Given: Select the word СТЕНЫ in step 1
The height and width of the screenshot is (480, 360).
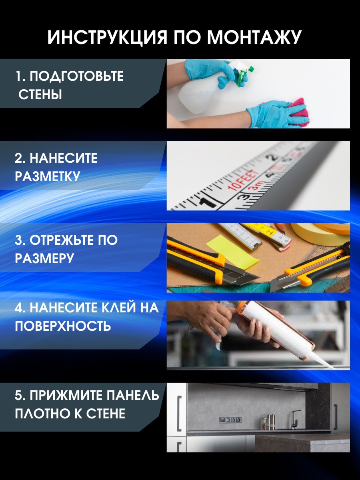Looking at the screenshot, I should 40,95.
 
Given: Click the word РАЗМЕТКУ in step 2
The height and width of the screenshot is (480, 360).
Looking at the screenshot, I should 48,176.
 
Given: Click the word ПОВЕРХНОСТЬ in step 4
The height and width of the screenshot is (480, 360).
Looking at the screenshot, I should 62,326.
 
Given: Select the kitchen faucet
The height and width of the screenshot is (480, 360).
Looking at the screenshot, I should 294,418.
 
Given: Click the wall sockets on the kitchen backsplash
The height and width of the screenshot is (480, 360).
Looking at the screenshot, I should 230,420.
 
